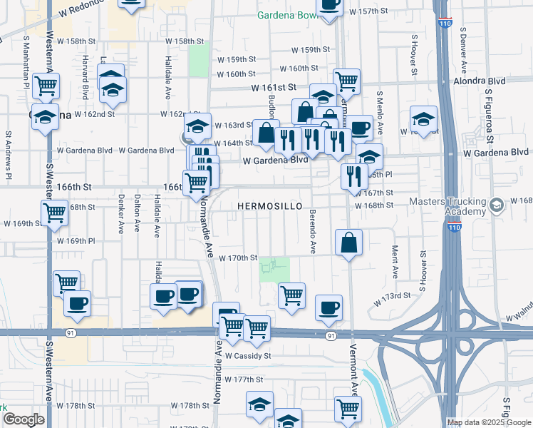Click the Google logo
click(x=24, y=420)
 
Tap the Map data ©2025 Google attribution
click(x=489, y=422)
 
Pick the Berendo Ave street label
click(x=312, y=232)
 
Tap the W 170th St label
click(x=237, y=258)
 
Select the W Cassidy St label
click(x=248, y=355)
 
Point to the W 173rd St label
click(x=393, y=295)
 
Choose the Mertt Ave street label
click(x=394, y=263)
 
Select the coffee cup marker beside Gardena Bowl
click(x=329, y=6)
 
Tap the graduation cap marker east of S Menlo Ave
click(x=423, y=121)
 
